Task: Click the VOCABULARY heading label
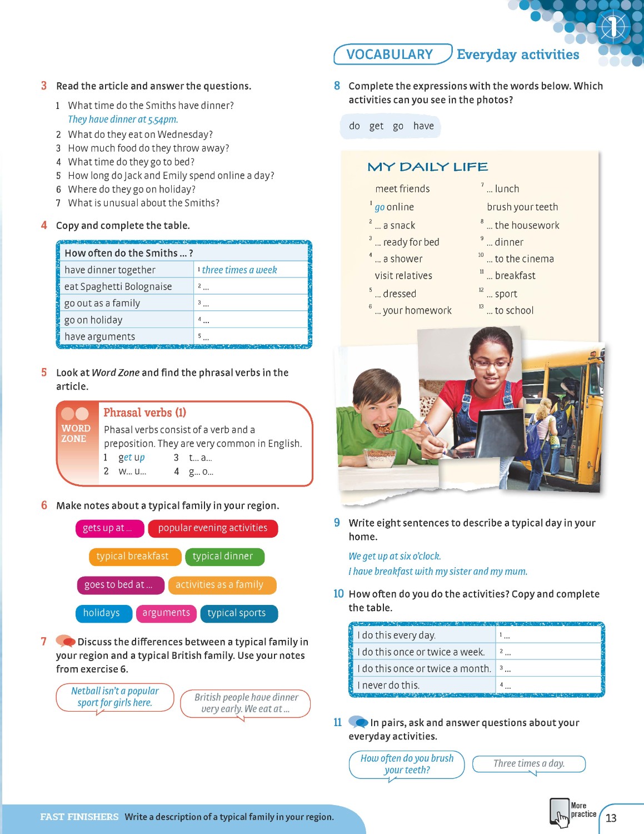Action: coord(390,54)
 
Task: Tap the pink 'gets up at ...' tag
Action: coord(109,528)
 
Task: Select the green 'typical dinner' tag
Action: coord(223,557)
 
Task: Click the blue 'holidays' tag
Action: coord(102,613)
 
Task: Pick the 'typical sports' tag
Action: coord(237,613)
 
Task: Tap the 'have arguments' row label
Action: coord(100,336)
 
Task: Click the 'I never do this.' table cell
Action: coord(389,685)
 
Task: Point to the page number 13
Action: coord(611,818)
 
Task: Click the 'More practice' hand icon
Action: coord(560,813)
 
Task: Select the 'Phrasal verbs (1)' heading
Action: coord(145,413)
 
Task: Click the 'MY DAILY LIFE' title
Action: coord(428,167)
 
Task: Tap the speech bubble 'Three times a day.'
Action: coord(529,764)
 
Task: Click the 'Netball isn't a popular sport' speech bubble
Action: coord(115,697)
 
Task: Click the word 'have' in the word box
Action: coord(423,126)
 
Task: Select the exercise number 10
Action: coord(339,594)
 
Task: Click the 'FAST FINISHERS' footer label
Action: coord(79,817)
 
